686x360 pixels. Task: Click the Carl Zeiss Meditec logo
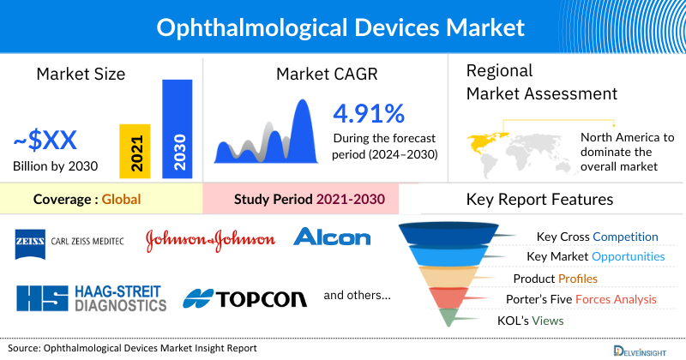69,240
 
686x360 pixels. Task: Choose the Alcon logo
332,237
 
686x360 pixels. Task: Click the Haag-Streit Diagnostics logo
91,297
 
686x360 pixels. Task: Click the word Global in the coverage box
121,200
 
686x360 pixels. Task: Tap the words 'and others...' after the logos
357,296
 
